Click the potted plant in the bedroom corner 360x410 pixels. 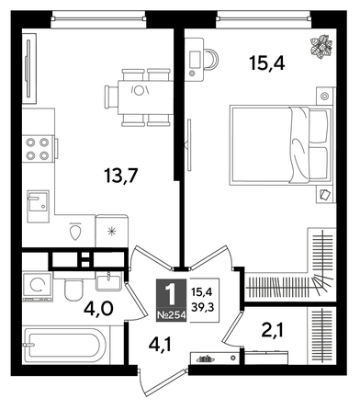click(322, 45)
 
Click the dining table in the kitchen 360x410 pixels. click(141, 91)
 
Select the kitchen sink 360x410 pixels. click(38, 202)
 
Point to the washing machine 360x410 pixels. click(38, 285)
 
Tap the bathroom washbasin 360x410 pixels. click(108, 280)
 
